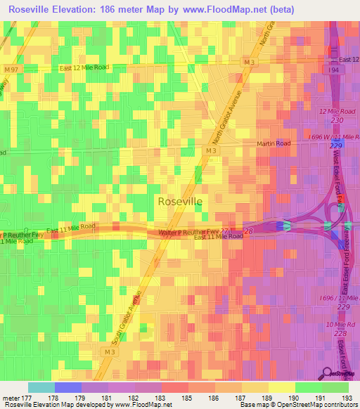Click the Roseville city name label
coord(180,201)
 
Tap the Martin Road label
coord(274,143)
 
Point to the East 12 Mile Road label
coord(84,67)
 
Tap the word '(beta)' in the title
coord(280,8)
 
